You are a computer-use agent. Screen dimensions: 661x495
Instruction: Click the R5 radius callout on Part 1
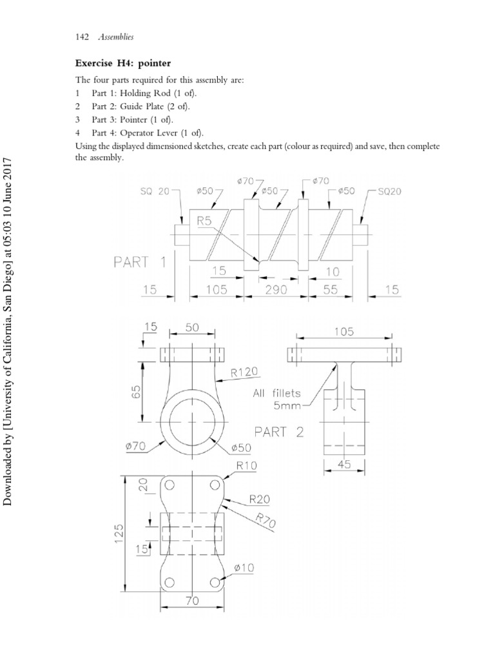[x=204, y=220]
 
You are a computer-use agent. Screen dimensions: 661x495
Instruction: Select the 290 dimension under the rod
[x=277, y=290]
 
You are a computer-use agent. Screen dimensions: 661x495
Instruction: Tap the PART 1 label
[x=141, y=262]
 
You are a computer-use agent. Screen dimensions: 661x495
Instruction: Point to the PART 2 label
[x=278, y=432]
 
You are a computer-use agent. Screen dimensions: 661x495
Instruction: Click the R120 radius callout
[x=245, y=372]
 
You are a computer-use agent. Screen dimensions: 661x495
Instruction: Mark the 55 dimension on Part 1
[x=330, y=290]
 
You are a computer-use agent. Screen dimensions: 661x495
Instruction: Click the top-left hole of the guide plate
[x=170, y=485]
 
